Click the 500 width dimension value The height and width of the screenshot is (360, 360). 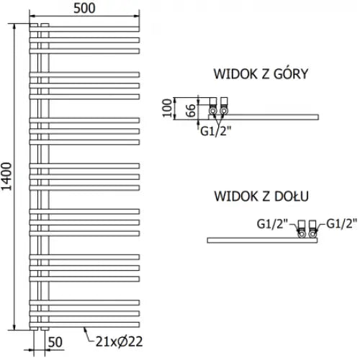(x=84, y=9)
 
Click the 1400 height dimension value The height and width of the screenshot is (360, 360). (x=6, y=176)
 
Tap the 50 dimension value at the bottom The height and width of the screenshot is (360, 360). (x=55, y=342)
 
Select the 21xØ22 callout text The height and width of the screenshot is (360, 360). (x=119, y=341)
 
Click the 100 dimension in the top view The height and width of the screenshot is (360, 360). (x=167, y=108)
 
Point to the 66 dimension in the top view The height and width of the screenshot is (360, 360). (x=191, y=110)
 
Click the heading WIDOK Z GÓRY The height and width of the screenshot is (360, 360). (x=261, y=73)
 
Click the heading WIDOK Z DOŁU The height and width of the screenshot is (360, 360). (x=261, y=197)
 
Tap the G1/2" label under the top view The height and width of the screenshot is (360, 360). (x=215, y=131)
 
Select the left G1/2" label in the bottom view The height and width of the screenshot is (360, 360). (x=272, y=224)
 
